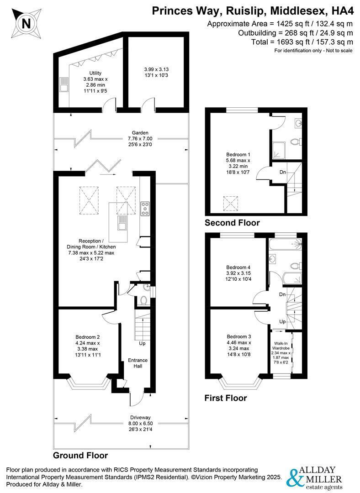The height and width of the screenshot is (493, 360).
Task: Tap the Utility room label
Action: (x=95, y=73)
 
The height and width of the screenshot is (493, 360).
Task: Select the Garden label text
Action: (x=140, y=133)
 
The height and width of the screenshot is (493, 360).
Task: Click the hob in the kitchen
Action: (x=145, y=209)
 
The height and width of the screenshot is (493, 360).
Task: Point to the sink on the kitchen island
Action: (x=122, y=223)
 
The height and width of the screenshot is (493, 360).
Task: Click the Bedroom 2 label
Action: (x=87, y=337)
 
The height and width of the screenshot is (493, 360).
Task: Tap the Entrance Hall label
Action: (x=138, y=363)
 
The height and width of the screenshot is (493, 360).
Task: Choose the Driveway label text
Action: (x=140, y=417)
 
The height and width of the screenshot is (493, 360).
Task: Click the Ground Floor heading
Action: (x=80, y=455)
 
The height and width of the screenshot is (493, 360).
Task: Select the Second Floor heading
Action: (x=232, y=223)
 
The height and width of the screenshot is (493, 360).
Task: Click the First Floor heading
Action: (x=226, y=398)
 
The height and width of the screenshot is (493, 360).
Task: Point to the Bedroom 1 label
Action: (x=238, y=154)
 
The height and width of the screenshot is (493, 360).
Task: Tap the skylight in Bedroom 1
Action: (x=231, y=204)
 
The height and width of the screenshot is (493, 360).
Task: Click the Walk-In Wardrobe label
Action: (x=281, y=346)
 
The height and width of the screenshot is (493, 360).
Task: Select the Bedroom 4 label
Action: (x=238, y=267)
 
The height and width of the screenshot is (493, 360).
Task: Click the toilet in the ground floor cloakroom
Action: (x=143, y=300)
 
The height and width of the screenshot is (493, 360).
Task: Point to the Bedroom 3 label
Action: (x=239, y=336)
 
